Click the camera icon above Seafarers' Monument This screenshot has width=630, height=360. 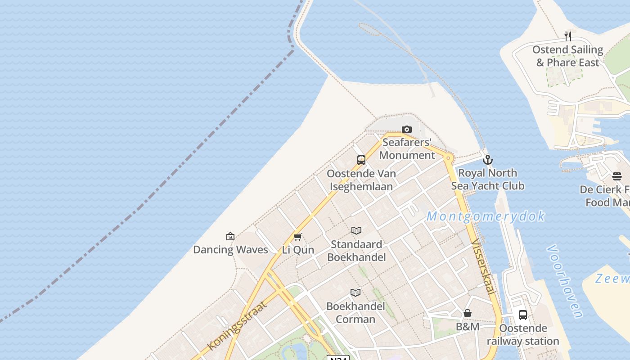[407, 130]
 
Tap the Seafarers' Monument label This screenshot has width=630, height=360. [407, 149]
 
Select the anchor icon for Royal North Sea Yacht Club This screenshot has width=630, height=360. [487, 160]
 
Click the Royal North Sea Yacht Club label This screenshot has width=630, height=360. [487, 179]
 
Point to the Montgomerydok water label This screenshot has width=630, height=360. [486, 216]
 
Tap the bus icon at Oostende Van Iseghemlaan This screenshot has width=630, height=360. [361, 160]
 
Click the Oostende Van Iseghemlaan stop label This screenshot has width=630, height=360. [361, 180]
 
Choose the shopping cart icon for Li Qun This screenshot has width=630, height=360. [297, 237]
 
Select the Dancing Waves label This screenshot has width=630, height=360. [230, 250]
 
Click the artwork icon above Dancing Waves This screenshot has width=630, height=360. [230, 236]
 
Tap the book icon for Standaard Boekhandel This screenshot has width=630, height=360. [356, 231]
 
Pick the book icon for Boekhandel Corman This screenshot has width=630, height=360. [355, 293]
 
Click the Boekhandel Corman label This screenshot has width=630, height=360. [355, 313]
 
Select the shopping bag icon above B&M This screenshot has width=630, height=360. [468, 313]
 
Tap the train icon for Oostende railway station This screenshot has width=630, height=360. [523, 315]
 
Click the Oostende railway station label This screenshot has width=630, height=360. [523, 334]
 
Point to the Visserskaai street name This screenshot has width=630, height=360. [483, 267]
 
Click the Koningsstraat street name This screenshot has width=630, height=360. [237, 326]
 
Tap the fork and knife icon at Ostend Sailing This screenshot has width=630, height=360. [568, 36]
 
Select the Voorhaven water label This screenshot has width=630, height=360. [565, 281]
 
